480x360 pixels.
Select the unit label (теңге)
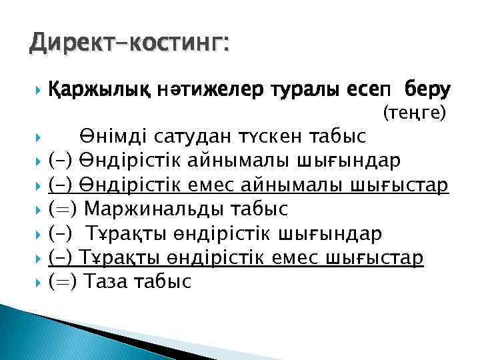414,113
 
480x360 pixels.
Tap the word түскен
273,137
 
